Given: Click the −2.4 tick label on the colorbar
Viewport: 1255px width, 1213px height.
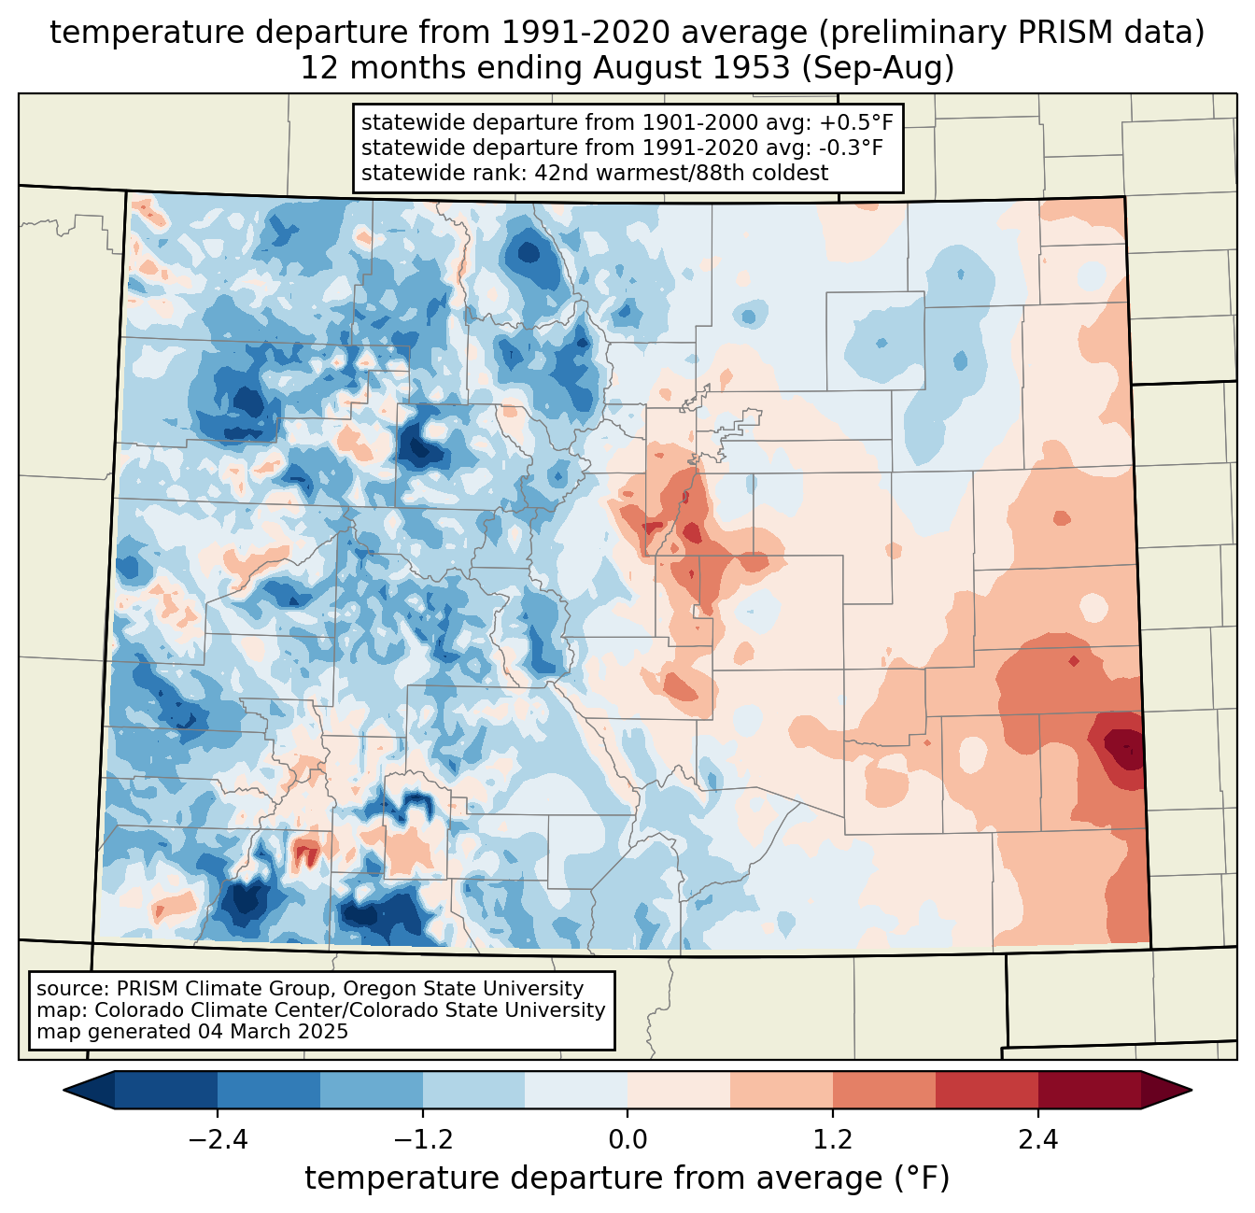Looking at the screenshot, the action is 218,1140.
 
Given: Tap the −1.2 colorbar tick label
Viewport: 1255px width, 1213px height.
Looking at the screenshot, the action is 423,1140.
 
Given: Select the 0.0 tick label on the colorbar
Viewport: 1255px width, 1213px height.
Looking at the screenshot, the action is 627,1140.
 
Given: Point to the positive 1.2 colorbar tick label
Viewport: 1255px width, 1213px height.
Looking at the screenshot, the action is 833,1140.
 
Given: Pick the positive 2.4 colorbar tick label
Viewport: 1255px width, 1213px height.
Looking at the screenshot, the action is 1038,1140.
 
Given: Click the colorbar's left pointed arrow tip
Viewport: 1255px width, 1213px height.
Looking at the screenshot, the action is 63,1091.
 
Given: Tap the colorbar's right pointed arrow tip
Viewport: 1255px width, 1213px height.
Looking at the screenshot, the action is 1192,1091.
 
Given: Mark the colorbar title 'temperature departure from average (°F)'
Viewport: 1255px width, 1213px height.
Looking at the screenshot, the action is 627,1178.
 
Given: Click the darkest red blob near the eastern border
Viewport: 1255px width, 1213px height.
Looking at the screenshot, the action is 1123,749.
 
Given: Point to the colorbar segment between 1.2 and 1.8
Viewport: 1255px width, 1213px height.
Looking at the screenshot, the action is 884,1091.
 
